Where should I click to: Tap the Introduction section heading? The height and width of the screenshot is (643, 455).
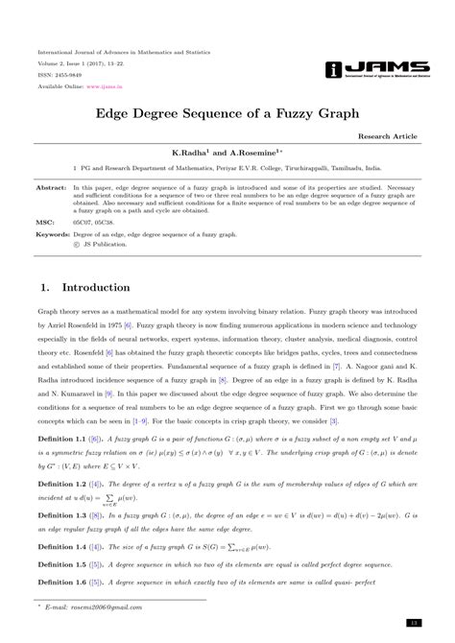[x=96, y=288]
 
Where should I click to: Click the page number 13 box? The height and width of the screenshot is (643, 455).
[x=412, y=623]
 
